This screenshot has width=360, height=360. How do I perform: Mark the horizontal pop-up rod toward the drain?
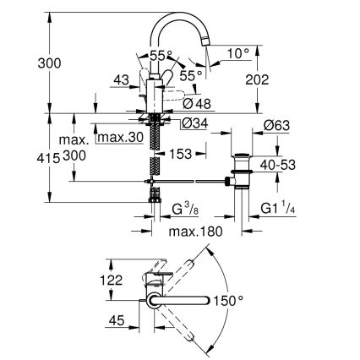[194, 180]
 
